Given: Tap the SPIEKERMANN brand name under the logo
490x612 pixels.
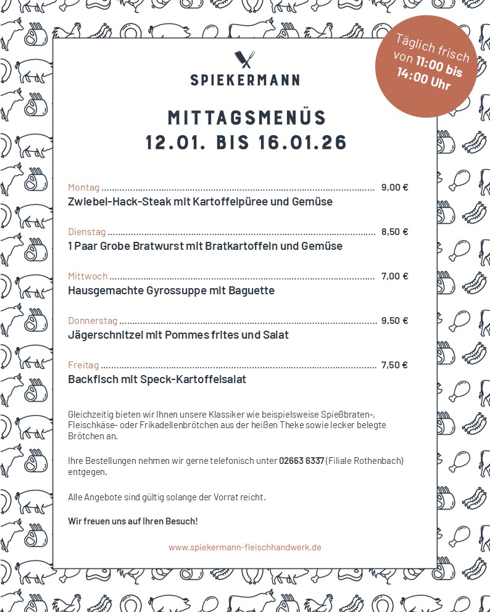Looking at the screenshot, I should click(245, 80).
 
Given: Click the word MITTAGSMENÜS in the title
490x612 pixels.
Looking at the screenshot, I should click(247, 118).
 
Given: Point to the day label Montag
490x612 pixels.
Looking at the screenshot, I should click(83, 188).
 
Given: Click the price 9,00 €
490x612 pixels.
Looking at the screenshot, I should click(394, 188).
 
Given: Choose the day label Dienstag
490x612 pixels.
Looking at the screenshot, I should click(86, 232).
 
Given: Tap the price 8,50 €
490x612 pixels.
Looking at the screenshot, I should click(394, 232).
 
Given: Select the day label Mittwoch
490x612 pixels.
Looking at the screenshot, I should click(88, 276).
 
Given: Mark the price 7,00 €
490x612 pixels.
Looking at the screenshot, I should click(394, 276).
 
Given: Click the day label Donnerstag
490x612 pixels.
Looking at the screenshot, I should click(93, 321).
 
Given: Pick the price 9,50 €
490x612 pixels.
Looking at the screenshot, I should click(394, 321).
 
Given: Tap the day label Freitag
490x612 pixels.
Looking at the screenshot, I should click(83, 365).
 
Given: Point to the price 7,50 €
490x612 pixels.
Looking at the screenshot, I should click(394, 365).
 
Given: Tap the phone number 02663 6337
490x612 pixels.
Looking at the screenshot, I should click(301, 461).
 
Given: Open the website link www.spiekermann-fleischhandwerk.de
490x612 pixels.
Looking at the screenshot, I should click(244, 547).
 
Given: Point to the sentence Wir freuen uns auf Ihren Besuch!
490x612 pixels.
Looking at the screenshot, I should click(133, 521).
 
